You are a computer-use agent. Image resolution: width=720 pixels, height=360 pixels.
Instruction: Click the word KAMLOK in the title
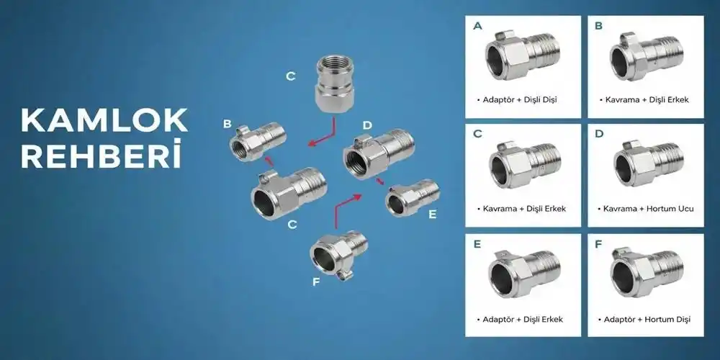[x=104, y=121]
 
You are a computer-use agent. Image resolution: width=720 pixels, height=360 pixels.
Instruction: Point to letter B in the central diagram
[x=228, y=125]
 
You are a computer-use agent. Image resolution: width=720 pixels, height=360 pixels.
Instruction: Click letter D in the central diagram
[x=366, y=125]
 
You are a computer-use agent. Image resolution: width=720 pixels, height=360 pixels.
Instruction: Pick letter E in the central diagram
[x=432, y=214]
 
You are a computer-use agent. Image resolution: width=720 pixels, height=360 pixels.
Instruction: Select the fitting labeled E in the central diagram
[x=413, y=197]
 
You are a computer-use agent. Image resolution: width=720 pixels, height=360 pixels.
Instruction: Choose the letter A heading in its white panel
[x=477, y=26]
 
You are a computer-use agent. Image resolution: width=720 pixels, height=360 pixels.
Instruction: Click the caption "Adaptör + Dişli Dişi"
[x=516, y=99]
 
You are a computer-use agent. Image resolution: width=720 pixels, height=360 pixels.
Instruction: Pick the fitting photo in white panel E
[x=523, y=274]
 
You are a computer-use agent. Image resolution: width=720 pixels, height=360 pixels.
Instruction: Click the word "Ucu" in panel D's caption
[x=686, y=209]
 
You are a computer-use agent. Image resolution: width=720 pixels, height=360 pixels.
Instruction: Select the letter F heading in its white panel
[x=598, y=244]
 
